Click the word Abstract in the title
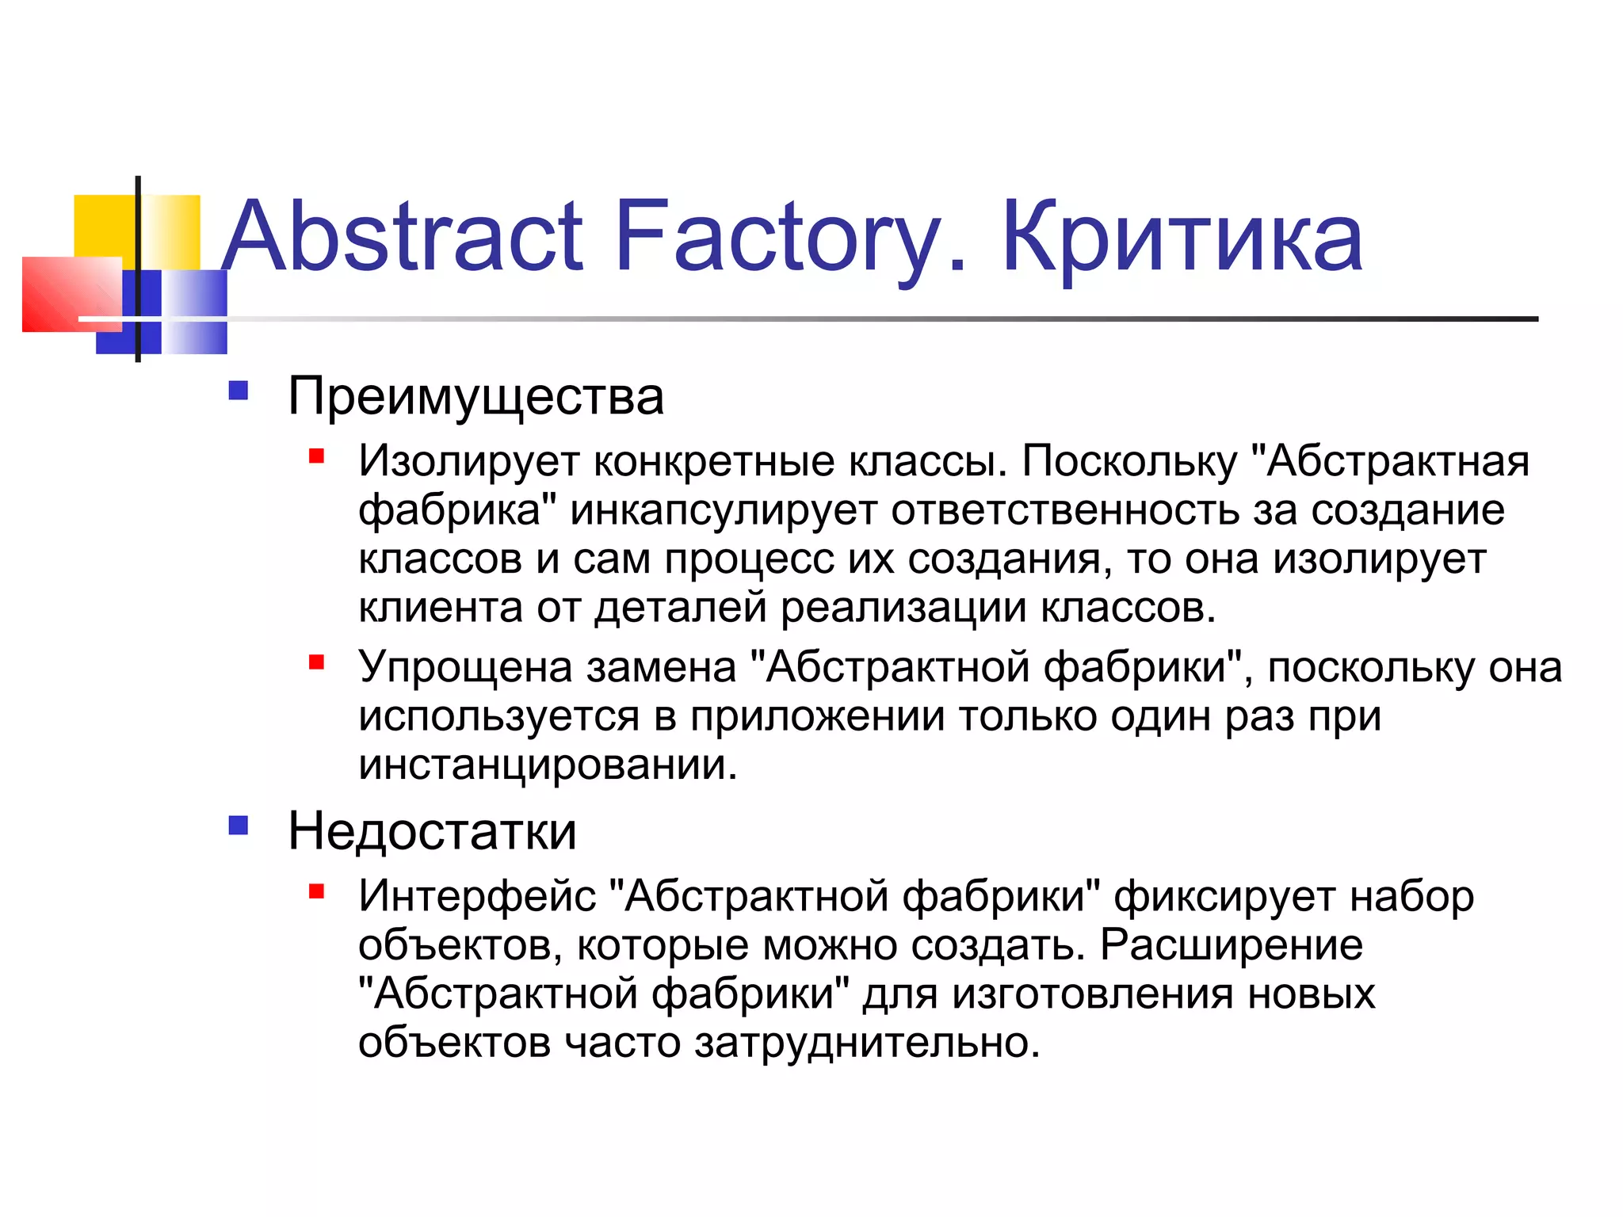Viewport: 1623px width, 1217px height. pos(403,237)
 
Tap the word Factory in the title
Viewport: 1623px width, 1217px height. pos(779,237)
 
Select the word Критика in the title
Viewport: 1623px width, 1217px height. pos(1182,237)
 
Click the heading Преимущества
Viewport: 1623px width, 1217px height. pos(475,396)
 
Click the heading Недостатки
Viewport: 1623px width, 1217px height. pos(432,831)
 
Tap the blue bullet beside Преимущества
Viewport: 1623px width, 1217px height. pos(239,391)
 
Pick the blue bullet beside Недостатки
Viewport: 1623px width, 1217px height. pos(239,826)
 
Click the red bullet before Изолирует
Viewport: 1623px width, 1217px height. pos(317,456)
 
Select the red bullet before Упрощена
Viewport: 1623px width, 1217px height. pos(317,662)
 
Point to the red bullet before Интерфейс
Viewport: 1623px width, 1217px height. pos(317,891)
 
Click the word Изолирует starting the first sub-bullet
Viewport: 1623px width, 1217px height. pos(469,461)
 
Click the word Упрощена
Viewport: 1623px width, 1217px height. pos(465,667)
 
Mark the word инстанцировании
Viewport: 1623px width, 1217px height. pos(548,765)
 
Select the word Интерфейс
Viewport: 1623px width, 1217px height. pos(477,897)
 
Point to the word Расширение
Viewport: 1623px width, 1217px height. pos(1232,945)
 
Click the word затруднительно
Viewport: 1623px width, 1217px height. pos(867,1043)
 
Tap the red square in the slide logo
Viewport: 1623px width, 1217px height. pos(71,294)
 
